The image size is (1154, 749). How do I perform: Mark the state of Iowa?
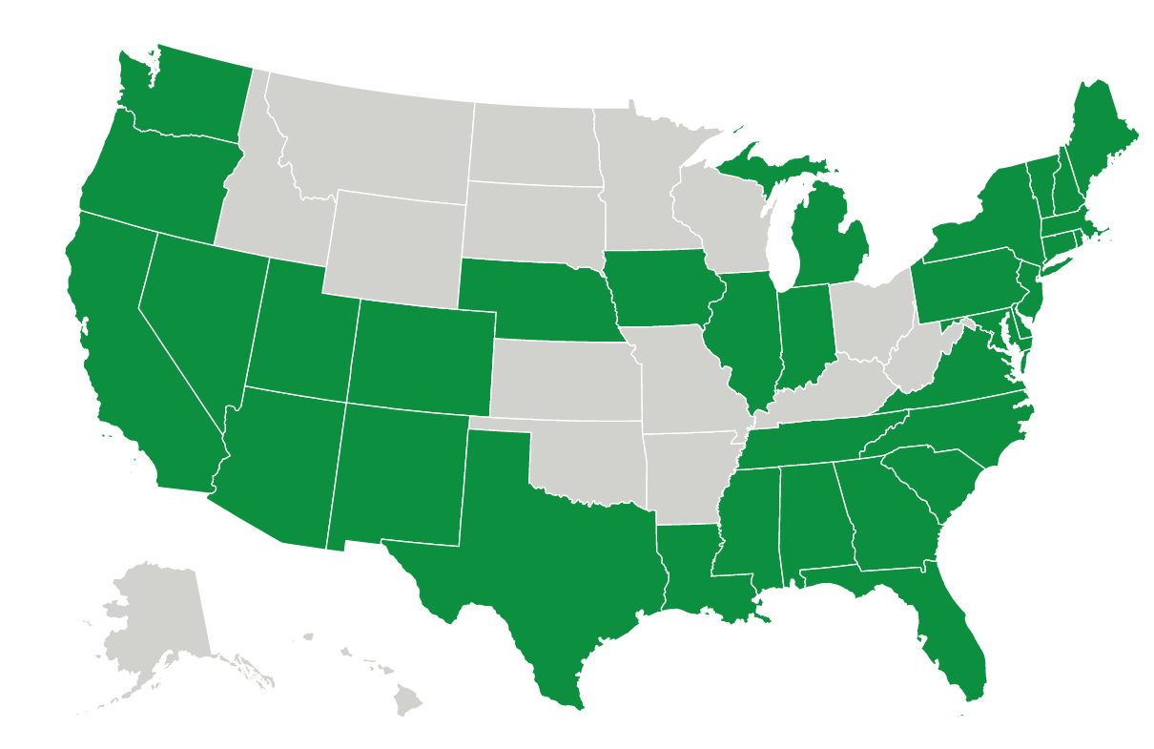658,286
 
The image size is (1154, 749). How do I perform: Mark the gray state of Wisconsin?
720,215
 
